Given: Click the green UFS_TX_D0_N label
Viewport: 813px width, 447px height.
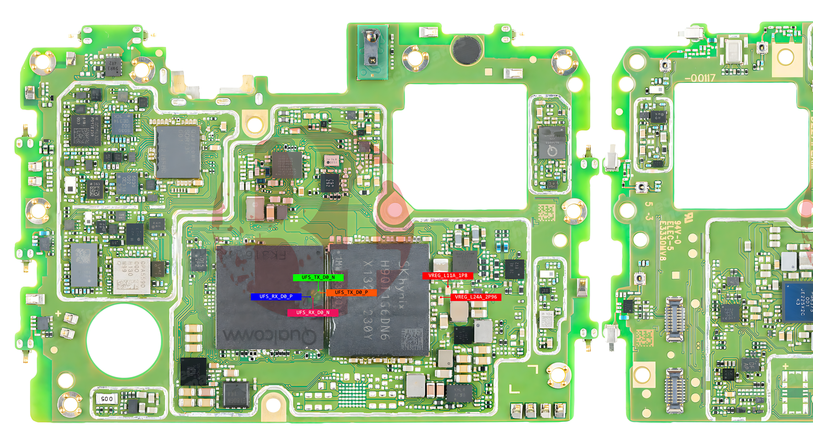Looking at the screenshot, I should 318,277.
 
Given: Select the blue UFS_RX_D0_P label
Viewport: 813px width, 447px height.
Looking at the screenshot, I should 276,297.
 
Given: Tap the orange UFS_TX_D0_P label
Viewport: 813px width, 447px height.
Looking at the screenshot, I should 351,293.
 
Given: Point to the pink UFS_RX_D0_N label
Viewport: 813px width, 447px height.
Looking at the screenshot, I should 312,313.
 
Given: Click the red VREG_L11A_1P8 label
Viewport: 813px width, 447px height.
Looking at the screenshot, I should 448,276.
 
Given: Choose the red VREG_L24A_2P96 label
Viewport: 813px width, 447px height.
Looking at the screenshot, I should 476,297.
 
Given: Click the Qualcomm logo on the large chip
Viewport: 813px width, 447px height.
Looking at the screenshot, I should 269,335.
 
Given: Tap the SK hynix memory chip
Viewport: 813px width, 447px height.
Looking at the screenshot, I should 379,300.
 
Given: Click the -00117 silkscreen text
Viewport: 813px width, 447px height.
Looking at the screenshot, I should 700,78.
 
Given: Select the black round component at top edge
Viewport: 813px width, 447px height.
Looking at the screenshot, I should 467,49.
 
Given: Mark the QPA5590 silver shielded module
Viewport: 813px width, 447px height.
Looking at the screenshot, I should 132,275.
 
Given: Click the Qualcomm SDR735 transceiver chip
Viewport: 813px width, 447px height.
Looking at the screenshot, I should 177,151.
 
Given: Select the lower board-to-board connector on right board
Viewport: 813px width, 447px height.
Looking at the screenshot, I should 674,390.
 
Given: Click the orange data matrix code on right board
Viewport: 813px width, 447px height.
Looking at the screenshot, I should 644,337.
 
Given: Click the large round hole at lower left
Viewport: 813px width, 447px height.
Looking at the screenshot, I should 124,340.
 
